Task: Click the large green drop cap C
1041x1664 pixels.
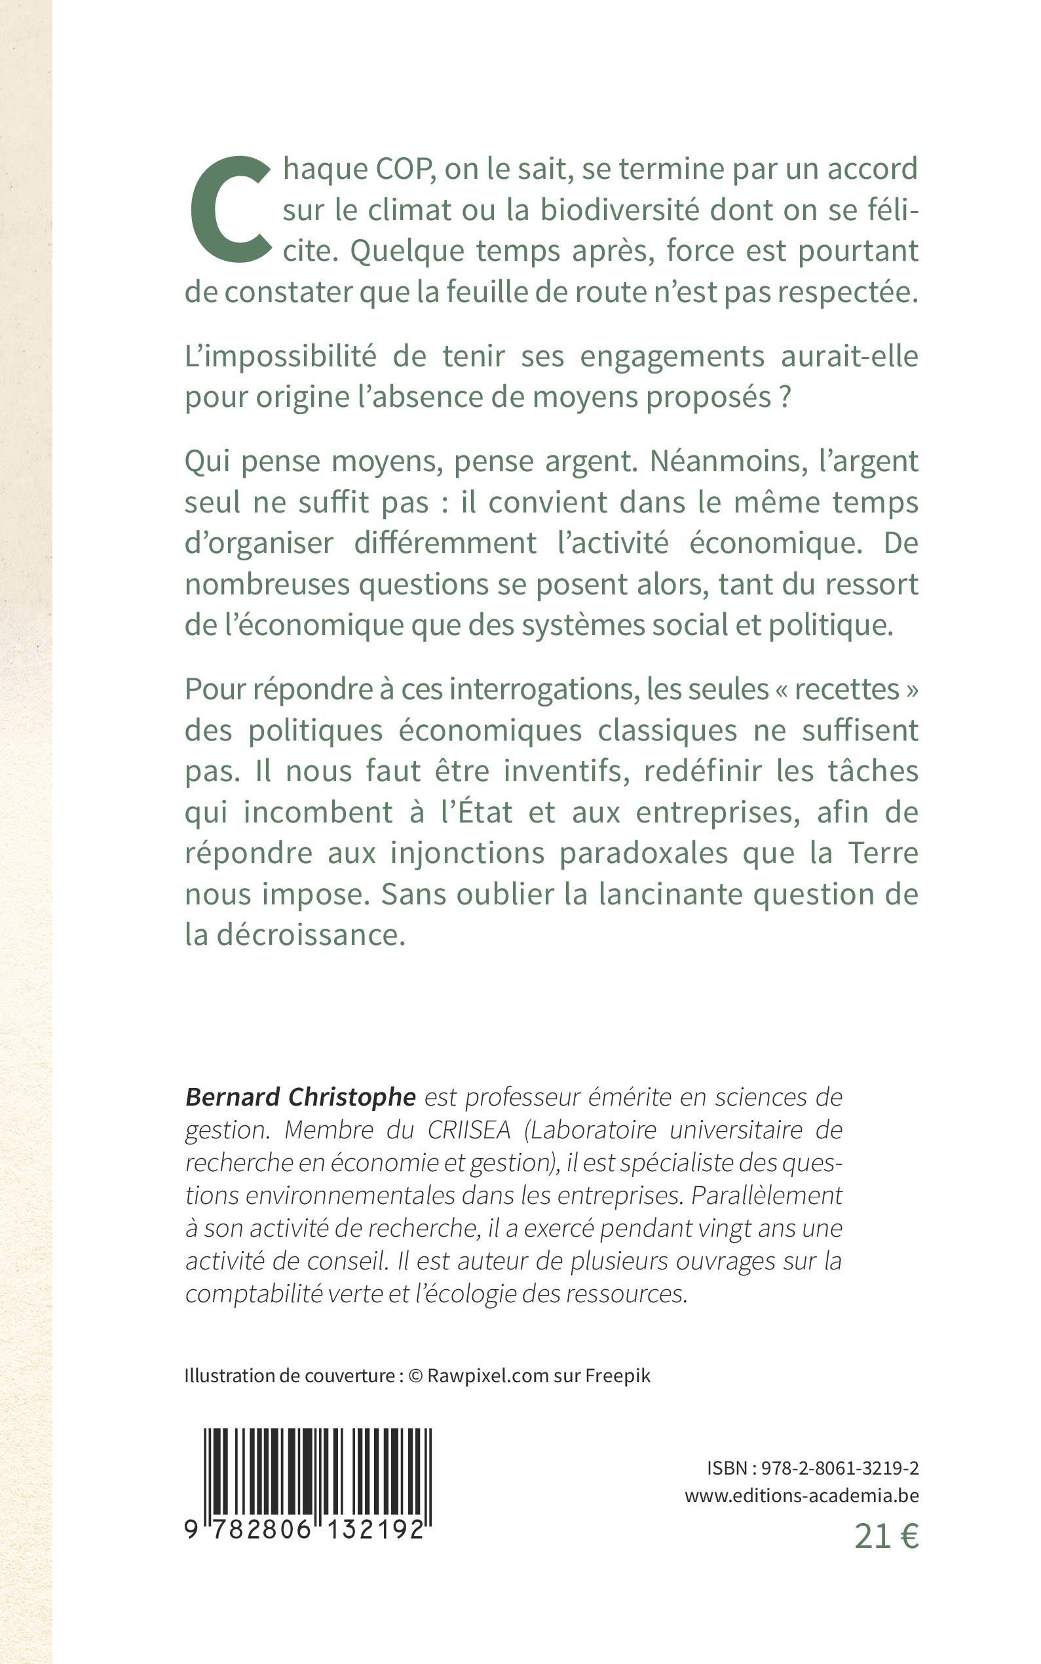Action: [x=230, y=211]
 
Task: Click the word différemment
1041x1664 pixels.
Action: [x=445, y=543]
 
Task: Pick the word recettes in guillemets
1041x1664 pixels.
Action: [x=847, y=689]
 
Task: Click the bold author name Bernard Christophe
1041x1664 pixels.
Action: [x=300, y=1097]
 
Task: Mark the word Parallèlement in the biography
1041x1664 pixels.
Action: [x=767, y=1195]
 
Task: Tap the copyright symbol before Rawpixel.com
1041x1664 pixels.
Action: [x=415, y=1376]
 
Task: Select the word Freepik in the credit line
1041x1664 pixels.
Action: [x=618, y=1376]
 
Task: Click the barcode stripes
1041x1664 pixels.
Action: [x=317, y=1473]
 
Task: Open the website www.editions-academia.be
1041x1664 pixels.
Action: [x=801, y=1496]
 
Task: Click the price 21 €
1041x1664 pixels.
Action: [x=886, y=1537]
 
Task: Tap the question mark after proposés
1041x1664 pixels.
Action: [x=784, y=398]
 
